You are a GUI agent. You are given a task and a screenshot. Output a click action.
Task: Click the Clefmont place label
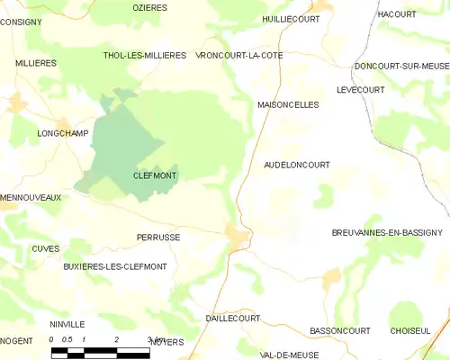(x=153, y=176)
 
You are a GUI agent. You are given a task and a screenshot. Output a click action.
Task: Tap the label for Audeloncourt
(x=297, y=165)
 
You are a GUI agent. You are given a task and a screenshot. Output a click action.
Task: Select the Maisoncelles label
(x=288, y=104)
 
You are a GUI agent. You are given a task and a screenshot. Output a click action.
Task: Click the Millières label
(x=36, y=63)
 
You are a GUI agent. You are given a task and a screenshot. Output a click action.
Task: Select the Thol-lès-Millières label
(x=145, y=55)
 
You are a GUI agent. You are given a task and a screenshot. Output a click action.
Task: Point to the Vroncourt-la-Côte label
(x=238, y=55)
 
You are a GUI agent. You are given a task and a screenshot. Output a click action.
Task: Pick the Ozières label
(x=150, y=7)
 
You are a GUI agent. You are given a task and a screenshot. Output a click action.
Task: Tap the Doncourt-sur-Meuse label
(x=400, y=66)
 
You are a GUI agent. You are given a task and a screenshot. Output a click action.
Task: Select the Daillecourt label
(x=232, y=319)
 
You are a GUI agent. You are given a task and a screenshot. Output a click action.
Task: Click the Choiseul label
(x=410, y=331)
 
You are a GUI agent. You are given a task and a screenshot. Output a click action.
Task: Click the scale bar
(x=100, y=351)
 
